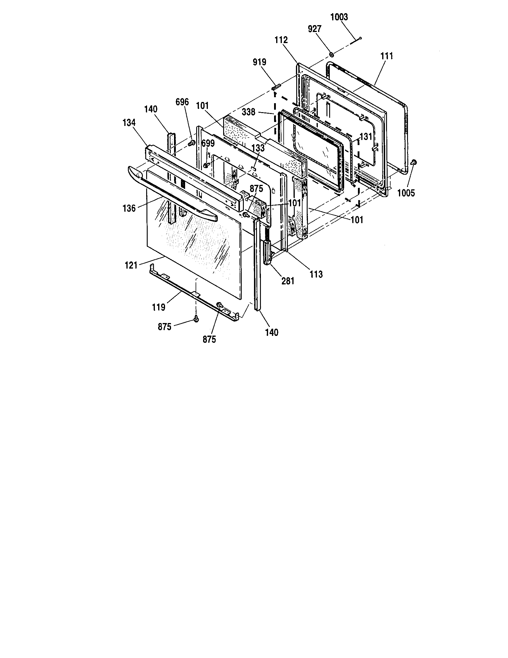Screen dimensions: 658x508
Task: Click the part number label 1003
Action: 339,17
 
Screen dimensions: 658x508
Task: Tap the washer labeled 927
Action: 331,54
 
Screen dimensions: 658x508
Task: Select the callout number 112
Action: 281,40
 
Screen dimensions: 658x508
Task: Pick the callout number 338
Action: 249,112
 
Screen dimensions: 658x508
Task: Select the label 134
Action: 129,123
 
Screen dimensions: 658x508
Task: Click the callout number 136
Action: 129,208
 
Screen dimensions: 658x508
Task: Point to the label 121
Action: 131,265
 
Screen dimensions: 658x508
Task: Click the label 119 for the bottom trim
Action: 159,307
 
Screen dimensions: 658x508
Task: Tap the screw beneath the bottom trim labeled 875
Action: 197,319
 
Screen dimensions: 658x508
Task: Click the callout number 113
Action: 316,274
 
